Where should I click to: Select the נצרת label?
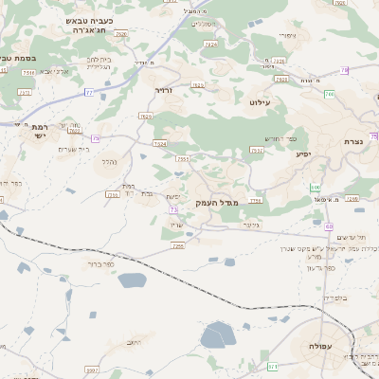(353, 141)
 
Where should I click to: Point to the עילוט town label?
(260, 101)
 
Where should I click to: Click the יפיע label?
(303, 154)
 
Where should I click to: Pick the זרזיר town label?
(166, 92)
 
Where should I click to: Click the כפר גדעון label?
(322, 267)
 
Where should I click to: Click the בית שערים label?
(73, 149)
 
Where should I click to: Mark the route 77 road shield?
(90, 92)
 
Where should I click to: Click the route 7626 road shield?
(146, 116)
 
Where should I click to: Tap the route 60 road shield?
(329, 226)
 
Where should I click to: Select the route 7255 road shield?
(177, 245)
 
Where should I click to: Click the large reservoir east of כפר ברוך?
(133, 280)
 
